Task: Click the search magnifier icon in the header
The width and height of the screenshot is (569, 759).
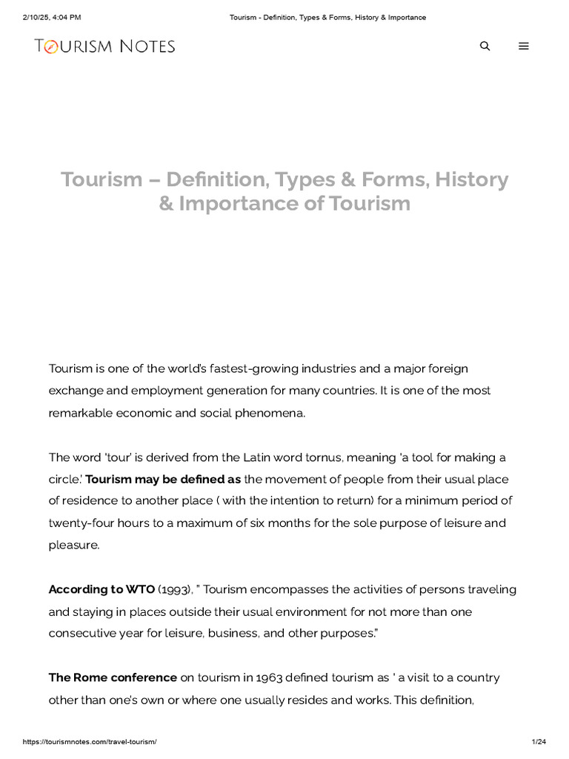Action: pos(485,46)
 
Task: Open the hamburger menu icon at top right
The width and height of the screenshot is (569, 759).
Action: pos(524,46)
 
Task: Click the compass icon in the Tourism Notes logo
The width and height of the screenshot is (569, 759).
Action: pos(50,47)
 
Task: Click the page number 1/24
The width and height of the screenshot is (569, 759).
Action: pos(539,742)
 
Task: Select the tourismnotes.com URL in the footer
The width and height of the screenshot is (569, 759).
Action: pos(90,742)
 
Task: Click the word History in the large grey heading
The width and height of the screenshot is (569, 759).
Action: pos(472,179)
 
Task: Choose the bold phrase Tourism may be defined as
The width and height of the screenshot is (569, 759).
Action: pos(163,480)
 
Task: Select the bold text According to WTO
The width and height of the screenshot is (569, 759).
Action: pos(102,589)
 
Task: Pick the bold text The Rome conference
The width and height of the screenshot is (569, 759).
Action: pos(113,677)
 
